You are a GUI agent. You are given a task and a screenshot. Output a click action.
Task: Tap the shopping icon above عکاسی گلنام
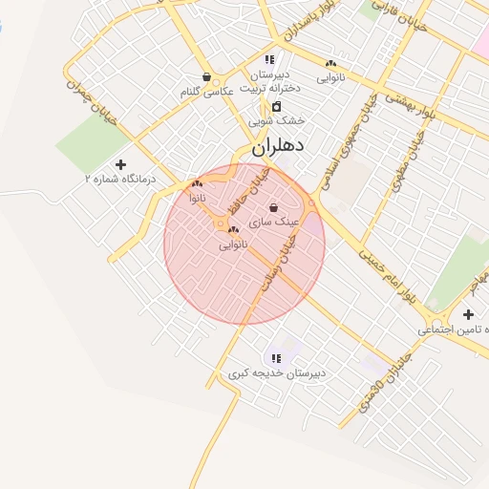(206, 77)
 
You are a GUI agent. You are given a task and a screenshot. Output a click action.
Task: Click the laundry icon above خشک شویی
(276, 106)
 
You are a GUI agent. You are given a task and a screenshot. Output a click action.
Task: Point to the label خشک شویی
(276, 121)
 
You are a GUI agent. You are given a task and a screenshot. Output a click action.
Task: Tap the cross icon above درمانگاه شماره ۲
(119, 164)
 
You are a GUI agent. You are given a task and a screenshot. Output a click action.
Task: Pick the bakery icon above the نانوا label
(197, 184)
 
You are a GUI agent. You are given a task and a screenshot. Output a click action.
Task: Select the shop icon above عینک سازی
(274, 207)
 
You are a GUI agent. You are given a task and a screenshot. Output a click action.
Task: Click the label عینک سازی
(274, 222)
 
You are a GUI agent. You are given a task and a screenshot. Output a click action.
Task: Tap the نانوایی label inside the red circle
(233, 244)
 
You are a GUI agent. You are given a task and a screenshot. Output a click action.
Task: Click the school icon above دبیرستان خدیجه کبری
(276, 358)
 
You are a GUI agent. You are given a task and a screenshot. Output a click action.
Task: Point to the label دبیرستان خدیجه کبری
(276, 372)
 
